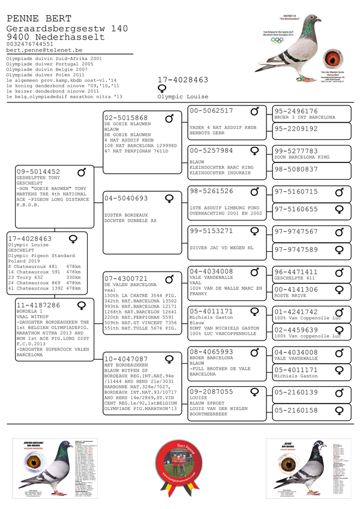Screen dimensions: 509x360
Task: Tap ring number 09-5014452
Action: point(38,172)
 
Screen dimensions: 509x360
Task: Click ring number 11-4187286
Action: point(38,305)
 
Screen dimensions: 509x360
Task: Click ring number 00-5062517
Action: point(211,111)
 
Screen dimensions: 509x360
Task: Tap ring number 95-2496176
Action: point(296,112)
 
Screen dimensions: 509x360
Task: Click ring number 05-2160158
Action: point(296,411)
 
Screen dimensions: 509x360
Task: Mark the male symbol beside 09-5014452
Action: point(82,172)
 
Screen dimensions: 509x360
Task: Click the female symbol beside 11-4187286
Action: point(82,305)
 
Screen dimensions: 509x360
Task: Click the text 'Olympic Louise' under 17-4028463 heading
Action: point(183,97)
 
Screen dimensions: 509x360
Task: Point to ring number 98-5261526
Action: point(211,191)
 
